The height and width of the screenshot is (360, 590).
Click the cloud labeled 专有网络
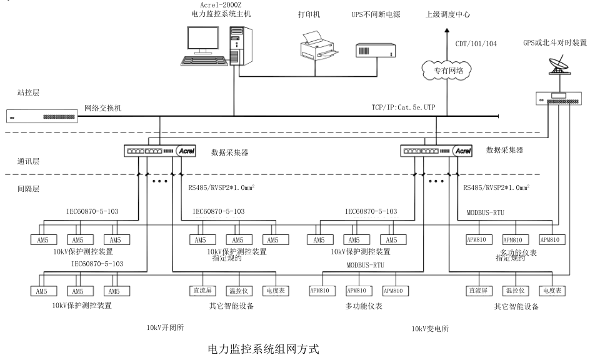coord(448,71)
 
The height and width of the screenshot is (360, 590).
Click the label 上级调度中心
coord(448,14)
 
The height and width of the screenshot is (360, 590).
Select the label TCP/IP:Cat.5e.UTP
coord(403,108)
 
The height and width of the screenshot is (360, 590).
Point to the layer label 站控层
coord(28,92)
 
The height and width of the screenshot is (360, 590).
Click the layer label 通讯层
coord(28,161)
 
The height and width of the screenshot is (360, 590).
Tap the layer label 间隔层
coord(28,187)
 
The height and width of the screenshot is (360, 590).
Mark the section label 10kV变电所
coord(429,329)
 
